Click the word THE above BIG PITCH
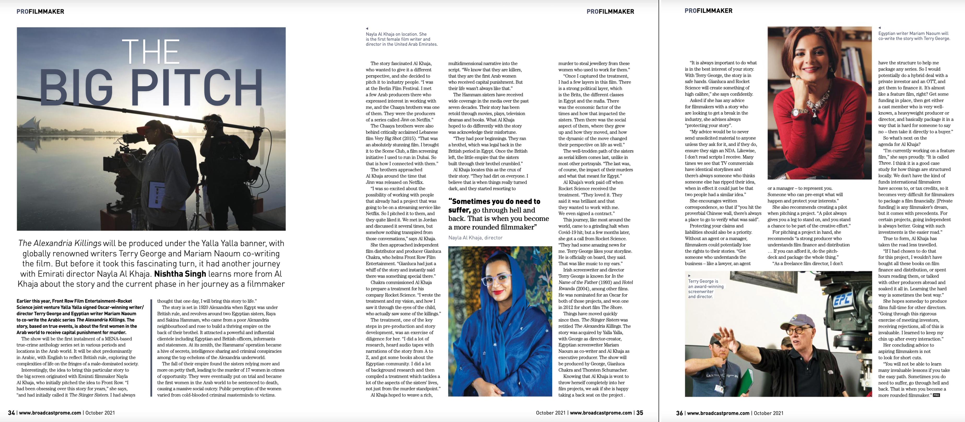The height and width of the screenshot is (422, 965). pos(151,52)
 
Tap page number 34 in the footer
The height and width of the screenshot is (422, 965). pos(11,413)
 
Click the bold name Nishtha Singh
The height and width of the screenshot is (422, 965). pos(180,274)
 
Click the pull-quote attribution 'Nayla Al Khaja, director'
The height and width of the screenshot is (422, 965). pos(475,237)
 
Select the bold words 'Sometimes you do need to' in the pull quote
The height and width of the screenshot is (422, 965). pos(494,201)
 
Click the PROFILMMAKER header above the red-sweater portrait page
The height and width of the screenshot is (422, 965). pos(708,11)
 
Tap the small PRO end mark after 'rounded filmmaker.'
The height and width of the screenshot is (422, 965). pos(936,395)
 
